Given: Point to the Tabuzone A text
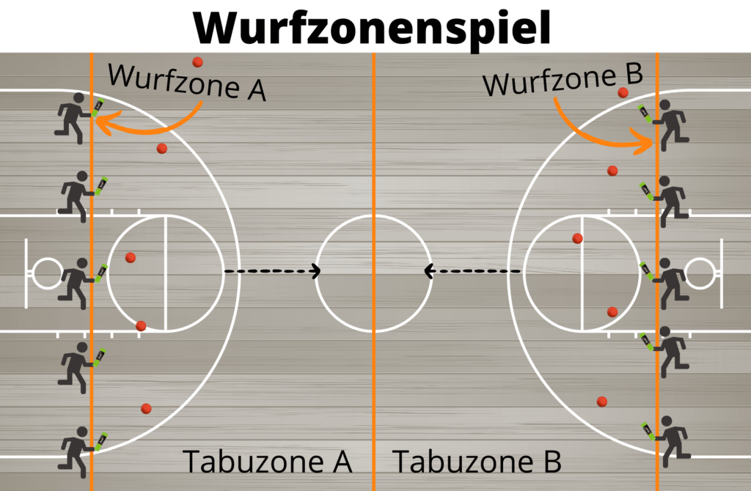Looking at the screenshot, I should pyautogui.click(x=268, y=462).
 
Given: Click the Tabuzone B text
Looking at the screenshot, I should pyautogui.click(x=477, y=462).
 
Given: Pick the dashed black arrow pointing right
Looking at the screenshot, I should pyautogui.click(x=272, y=271).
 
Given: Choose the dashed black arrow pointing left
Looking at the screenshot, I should pyautogui.click(x=474, y=271).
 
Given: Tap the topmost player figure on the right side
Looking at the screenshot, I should pyautogui.click(x=668, y=122).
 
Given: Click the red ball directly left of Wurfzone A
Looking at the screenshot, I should pyautogui.click(x=197, y=62).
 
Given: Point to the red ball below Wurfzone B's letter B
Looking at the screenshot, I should pyautogui.click(x=623, y=92).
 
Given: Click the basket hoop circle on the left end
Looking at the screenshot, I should pyautogui.click(x=46, y=273).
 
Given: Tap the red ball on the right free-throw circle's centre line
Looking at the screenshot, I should pyautogui.click(x=577, y=238).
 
